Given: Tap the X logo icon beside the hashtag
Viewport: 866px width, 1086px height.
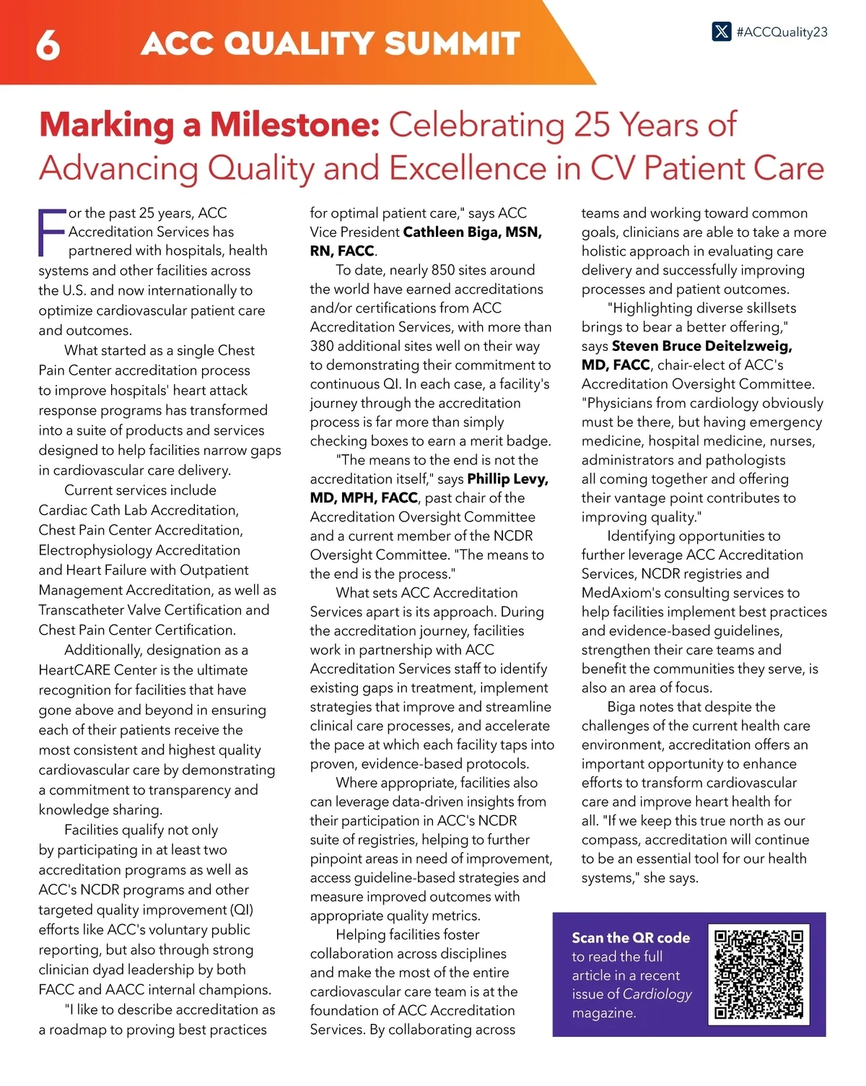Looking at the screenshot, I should (x=721, y=32).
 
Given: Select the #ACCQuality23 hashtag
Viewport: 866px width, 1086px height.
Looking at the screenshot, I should (x=782, y=32).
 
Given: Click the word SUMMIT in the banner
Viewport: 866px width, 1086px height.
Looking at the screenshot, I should (x=452, y=43).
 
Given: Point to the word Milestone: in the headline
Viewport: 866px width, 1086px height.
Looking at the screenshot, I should (x=294, y=125).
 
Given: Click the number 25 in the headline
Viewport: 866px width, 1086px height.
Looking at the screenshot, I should (x=592, y=125).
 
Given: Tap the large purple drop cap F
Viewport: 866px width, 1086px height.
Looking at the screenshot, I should (x=51, y=233).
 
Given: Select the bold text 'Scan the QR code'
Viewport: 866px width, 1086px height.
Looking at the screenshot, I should (x=631, y=937).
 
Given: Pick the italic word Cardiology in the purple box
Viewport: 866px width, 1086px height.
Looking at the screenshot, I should (x=657, y=994).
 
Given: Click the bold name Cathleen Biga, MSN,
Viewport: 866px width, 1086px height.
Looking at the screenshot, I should (x=472, y=232).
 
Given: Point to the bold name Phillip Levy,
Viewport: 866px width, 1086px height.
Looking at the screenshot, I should (x=507, y=479).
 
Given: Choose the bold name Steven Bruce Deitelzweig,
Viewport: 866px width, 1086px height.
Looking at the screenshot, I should (x=701, y=346).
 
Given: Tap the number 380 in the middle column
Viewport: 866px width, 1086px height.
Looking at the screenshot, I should (x=325, y=346).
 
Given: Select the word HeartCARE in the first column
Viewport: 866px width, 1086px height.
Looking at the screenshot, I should (x=74, y=670).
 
